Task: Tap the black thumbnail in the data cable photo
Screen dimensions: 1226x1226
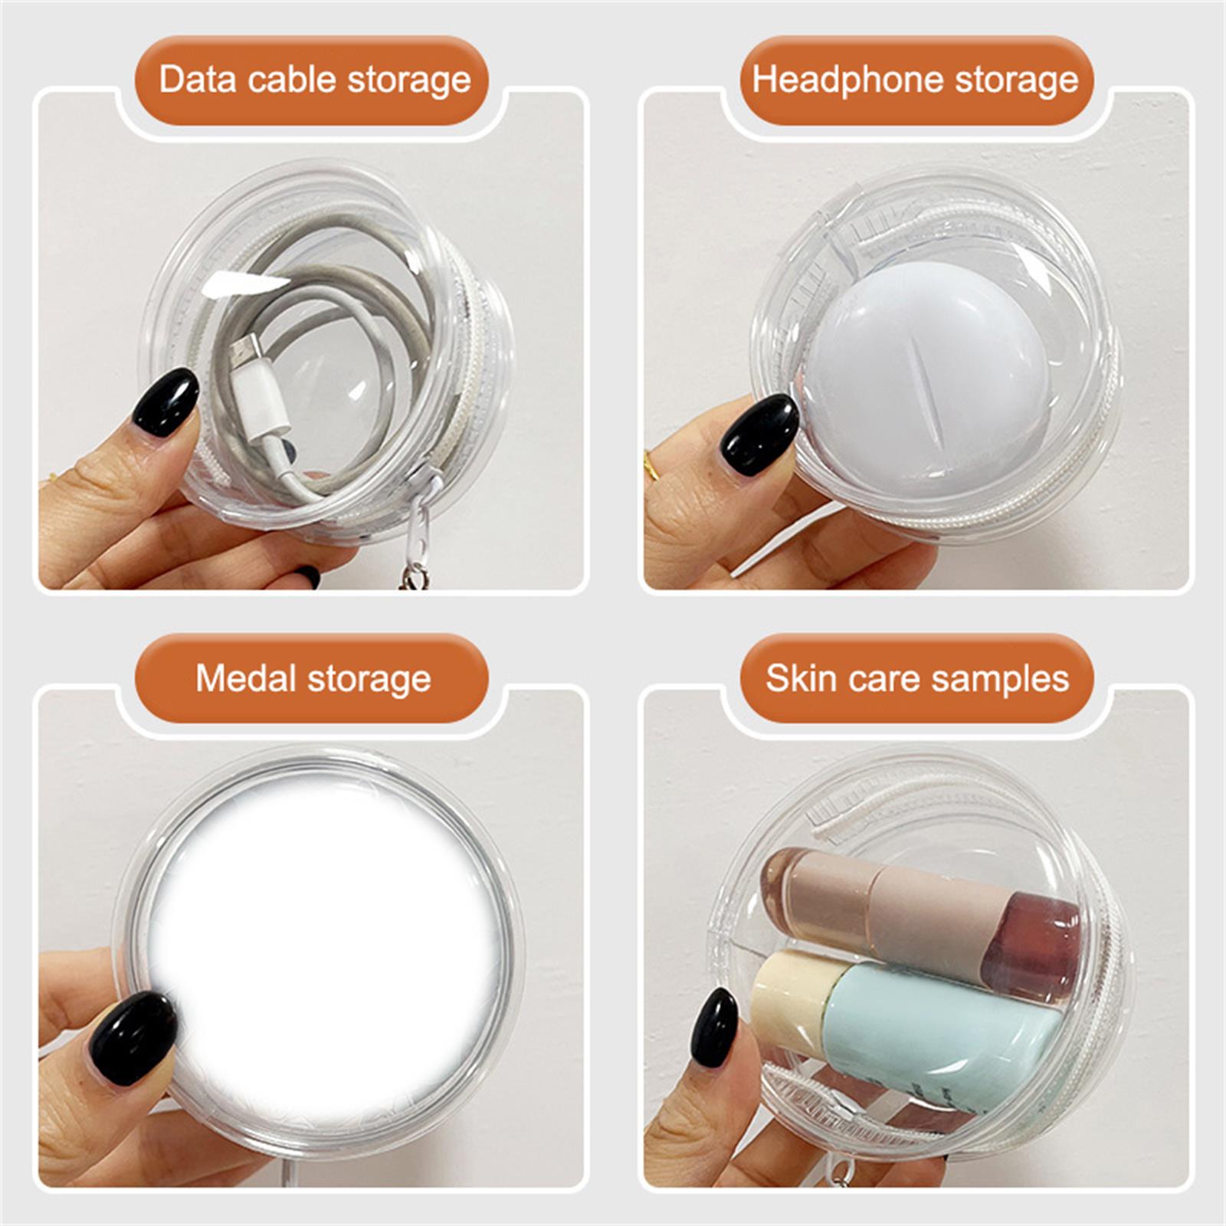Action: point(166,402)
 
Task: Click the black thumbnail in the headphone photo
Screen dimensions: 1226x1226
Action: point(760,434)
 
